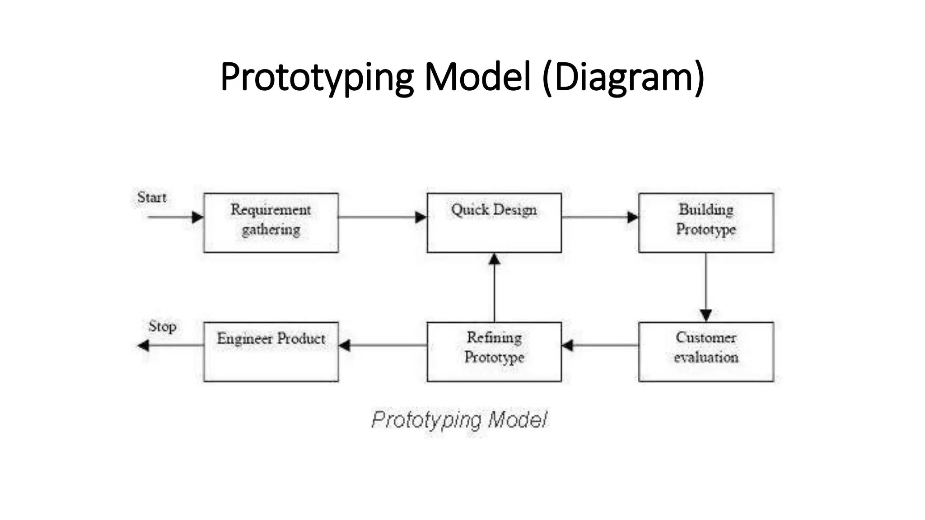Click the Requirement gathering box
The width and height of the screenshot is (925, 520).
[x=271, y=223]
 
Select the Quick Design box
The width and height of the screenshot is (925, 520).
[x=494, y=223]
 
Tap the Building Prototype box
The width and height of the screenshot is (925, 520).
[x=706, y=223]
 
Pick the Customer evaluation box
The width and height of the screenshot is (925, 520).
[x=706, y=352]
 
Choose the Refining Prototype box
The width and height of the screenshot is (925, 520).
[x=494, y=352]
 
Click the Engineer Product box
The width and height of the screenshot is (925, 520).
[x=271, y=352]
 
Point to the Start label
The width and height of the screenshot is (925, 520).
[x=152, y=198]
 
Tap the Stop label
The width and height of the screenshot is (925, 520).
[x=162, y=326]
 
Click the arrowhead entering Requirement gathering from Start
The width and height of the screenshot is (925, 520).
[x=197, y=217]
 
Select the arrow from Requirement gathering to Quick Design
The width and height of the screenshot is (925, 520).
[x=382, y=217]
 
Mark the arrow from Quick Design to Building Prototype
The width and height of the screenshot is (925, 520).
[x=600, y=217]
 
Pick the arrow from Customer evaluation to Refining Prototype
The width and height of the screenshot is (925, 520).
[x=600, y=346]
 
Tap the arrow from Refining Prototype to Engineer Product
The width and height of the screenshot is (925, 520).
[x=382, y=346]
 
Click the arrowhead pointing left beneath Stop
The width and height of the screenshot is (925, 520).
[x=144, y=346]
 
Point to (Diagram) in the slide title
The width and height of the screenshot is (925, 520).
[x=623, y=78]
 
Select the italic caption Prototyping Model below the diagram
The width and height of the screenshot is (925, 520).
[x=459, y=420]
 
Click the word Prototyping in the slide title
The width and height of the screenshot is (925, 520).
[x=317, y=78]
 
